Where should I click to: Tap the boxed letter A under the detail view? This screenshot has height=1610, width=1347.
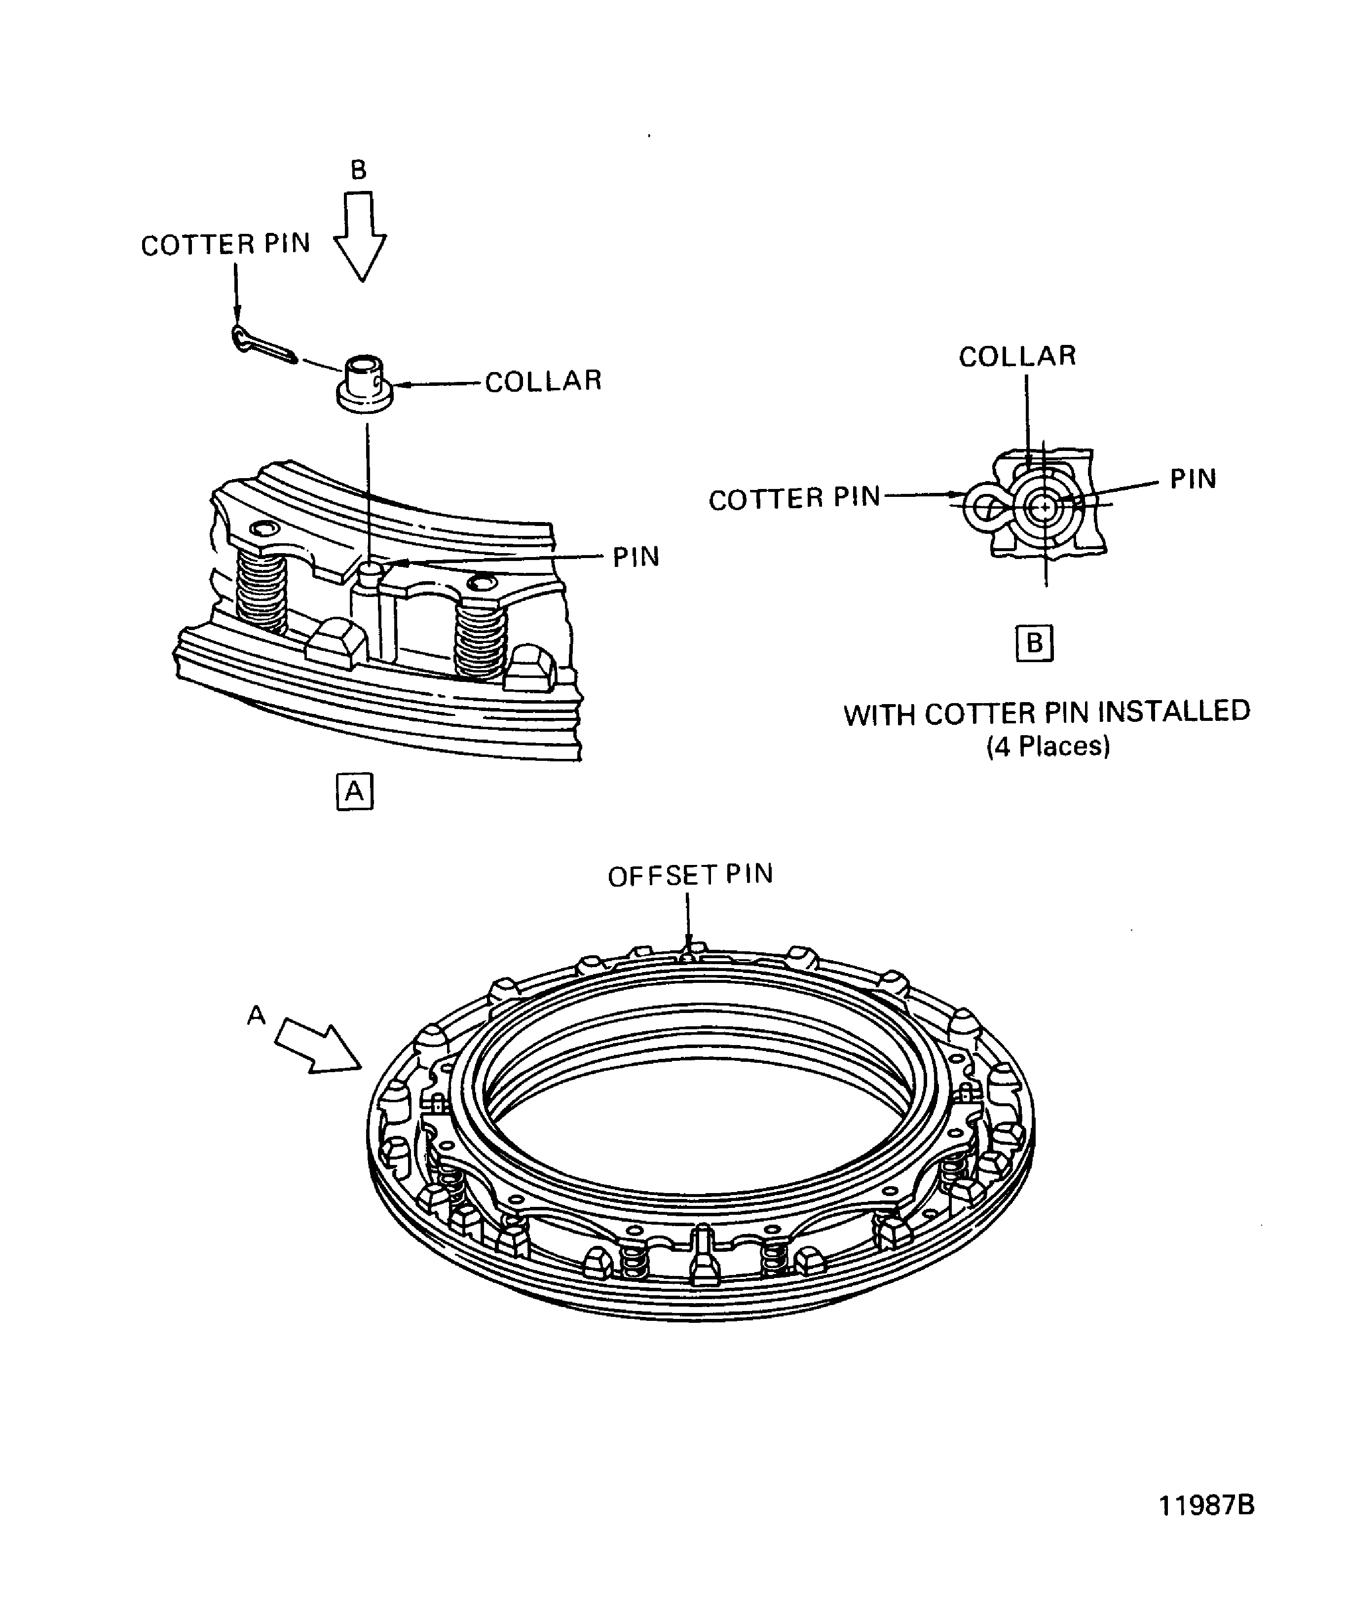point(354,790)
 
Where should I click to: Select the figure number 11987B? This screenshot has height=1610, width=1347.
point(1206,1505)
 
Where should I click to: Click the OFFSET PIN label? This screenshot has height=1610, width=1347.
point(690,875)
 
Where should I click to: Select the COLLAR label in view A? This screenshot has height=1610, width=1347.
point(543,381)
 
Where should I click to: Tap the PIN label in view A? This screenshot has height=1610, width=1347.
point(636,557)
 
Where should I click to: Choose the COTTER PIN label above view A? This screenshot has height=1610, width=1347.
point(225,245)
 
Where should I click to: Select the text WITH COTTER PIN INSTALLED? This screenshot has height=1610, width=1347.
point(1047,713)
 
